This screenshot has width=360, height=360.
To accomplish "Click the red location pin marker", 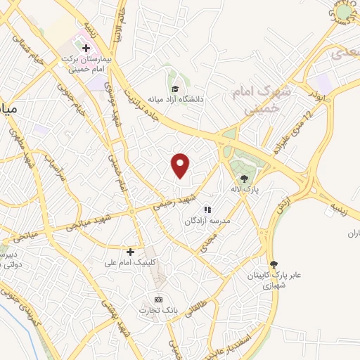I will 181,165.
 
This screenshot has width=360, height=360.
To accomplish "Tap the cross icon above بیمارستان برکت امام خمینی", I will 86,49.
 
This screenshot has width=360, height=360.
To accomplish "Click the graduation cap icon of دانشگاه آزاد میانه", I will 175,89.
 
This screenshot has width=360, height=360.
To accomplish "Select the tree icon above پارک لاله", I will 244,179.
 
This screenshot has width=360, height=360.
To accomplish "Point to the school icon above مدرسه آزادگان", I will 207,210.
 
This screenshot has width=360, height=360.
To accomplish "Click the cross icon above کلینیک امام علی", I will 130,252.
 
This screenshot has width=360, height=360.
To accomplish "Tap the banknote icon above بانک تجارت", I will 157,300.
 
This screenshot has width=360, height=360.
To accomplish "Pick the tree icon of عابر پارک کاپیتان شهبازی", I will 274,264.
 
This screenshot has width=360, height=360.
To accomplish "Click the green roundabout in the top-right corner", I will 343,11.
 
